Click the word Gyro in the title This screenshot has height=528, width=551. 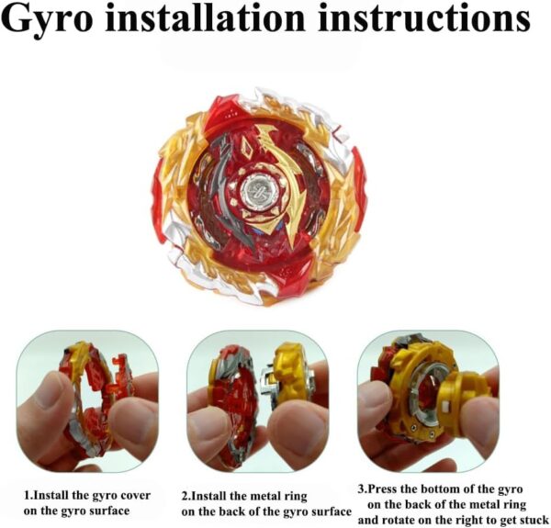pos(50,19)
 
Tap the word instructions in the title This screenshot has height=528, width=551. pos(423,17)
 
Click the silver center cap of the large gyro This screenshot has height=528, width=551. pos(260,191)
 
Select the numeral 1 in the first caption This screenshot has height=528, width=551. pos(27,495)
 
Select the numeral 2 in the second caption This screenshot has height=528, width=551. pos(185,497)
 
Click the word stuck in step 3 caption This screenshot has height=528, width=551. pos(533,520)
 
